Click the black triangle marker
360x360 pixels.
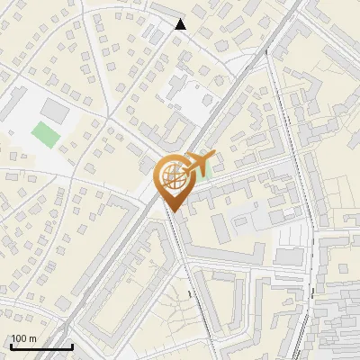pos(181,24)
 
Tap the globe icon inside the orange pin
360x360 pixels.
pos(174,178)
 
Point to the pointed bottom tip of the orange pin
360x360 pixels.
pos(174,212)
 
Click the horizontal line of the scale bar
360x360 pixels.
pos(41,346)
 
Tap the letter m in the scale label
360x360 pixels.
pos(32,338)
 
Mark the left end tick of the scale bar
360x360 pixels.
pos(11,345)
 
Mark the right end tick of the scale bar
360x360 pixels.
pos(72,345)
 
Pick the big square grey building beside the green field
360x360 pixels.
pos(55,111)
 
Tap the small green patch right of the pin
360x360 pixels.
pos(204,171)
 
